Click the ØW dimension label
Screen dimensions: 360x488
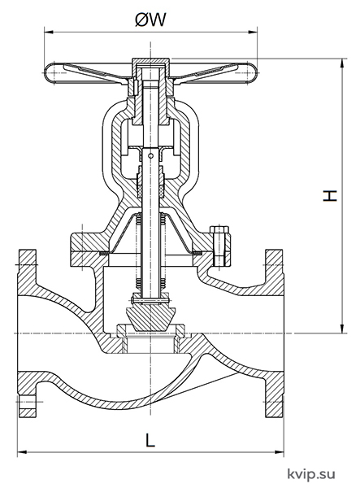click(151, 20)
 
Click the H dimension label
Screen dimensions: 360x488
click(330, 196)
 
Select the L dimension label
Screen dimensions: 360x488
click(150, 440)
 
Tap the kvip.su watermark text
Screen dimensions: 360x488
click(311, 474)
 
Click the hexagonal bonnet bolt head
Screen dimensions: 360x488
click(219, 229)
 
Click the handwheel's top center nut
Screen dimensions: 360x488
click(150, 61)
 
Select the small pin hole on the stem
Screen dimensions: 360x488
click(151, 155)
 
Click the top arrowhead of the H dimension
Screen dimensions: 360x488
click(342, 63)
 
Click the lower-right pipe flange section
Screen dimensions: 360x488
click(274, 394)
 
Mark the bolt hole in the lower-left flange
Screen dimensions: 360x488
click(28, 402)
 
